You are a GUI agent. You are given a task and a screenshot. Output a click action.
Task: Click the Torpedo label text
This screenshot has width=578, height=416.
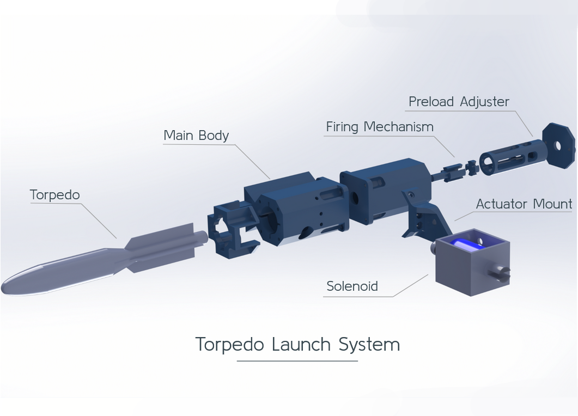(x=54, y=195)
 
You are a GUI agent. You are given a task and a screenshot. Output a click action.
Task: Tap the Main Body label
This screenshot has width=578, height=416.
(x=196, y=136)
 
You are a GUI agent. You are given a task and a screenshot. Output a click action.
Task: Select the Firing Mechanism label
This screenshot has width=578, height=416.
(x=380, y=127)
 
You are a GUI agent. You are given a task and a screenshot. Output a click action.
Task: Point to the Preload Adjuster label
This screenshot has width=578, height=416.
(x=459, y=102)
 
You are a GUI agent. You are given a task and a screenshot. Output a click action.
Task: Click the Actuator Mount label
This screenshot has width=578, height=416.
(x=524, y=204)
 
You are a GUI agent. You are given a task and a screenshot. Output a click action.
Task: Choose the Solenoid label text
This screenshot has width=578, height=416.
(x=352, y=286)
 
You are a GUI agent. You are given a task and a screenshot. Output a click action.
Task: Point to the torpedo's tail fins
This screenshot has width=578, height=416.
(x=163, y=248)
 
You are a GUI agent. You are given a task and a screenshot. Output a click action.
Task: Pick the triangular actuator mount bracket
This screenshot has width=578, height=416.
(x=421, y=215)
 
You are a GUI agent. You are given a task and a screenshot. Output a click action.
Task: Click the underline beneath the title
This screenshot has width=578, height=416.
(x=297, y=360)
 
